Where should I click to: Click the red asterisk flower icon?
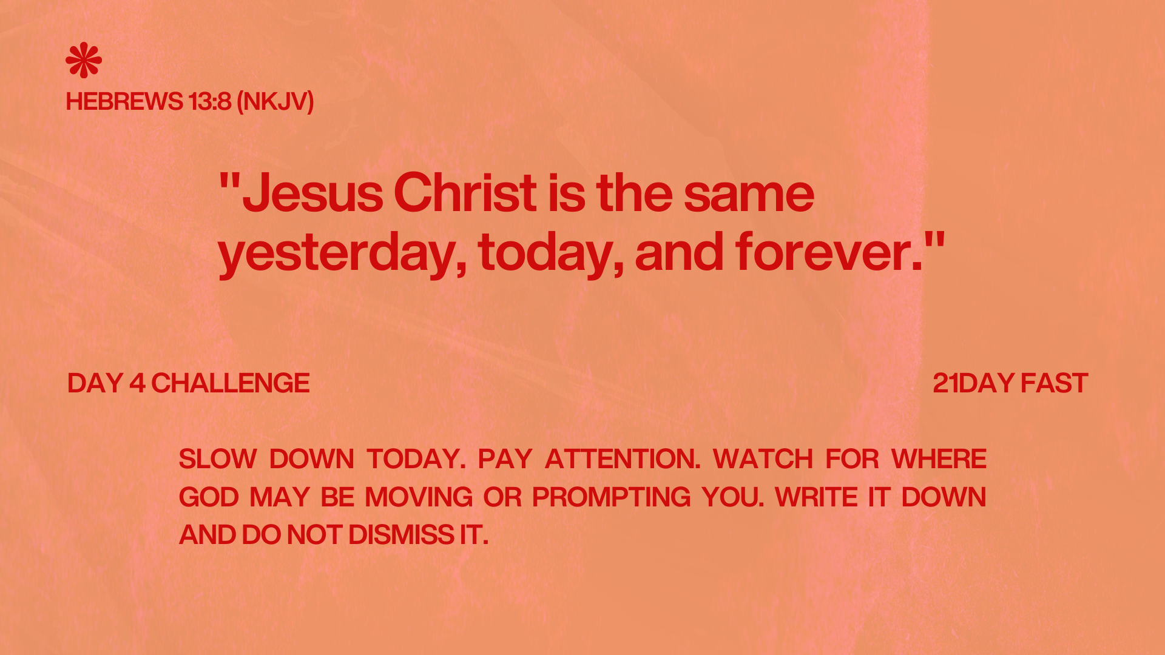coord(84,60)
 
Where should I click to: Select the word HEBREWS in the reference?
coord(124,101)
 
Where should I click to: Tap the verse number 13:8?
coord(210,101)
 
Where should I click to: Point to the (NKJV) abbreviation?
coord(275,102)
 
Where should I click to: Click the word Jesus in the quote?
coord(312,193)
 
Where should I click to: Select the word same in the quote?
coord(749,194)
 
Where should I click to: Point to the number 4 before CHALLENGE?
coord(137,383)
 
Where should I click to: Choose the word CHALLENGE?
coord(231,383)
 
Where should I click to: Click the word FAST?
coord(1055,383)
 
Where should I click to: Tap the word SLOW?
coord(218,459)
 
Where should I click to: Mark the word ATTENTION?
coord(623,459)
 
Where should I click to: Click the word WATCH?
coord(763,459)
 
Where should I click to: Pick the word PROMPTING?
coord(611,497)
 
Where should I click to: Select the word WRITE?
coord(816,497)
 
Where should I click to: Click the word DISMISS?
coord(402,535)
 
